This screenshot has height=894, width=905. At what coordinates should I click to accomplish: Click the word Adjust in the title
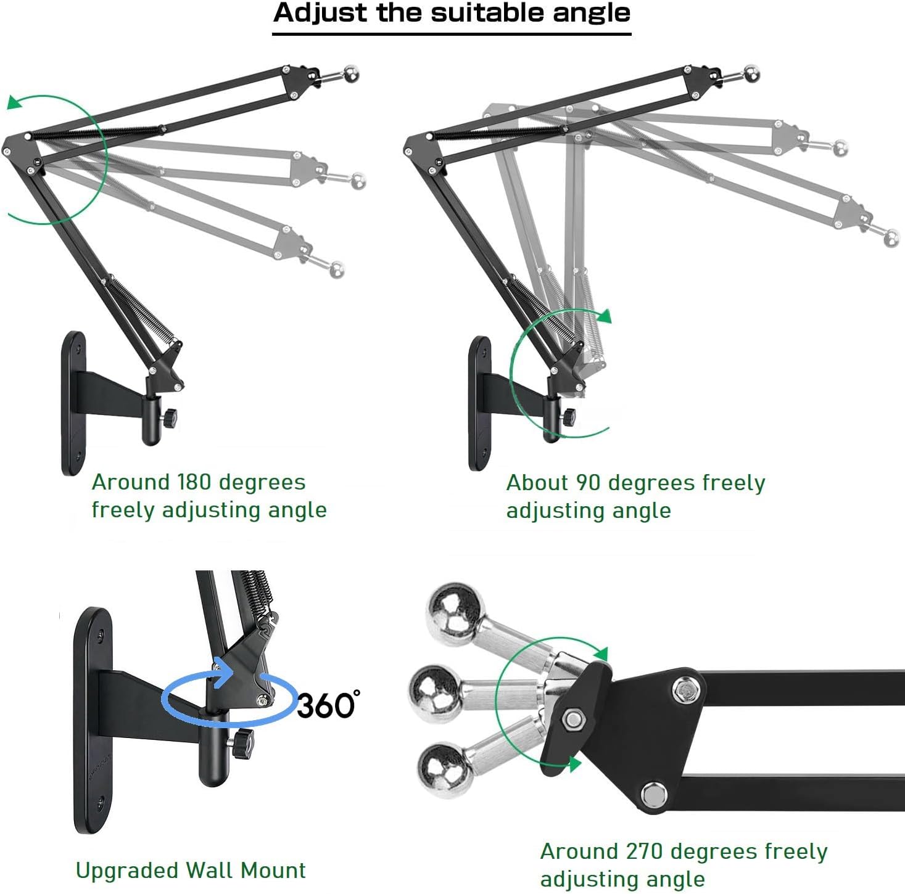click(320, 14)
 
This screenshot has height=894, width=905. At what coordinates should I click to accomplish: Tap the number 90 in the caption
click(587, 483)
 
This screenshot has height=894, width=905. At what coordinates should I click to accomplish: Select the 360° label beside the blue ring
click(328, 705)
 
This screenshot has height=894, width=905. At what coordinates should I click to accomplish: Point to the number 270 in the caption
click(647, 851)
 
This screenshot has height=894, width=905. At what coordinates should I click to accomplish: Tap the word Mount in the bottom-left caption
click(273, 871)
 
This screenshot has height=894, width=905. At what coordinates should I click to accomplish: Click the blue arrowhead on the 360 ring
click(222, 673)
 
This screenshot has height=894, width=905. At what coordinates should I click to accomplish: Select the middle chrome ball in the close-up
click(436, 690)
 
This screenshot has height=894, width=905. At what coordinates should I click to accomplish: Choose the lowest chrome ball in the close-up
click(445, 768)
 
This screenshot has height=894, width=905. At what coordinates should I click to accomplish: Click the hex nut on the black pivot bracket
click(573, 719)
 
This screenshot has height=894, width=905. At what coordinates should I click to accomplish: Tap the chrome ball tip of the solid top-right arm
click(752, 73)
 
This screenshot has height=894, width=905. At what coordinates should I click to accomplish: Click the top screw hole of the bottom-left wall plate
click(101, 633)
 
